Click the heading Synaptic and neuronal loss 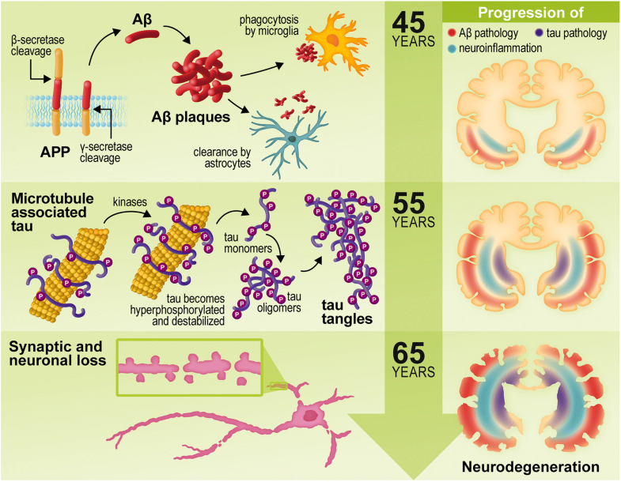coord(56,353)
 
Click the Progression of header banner coord(531,12)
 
